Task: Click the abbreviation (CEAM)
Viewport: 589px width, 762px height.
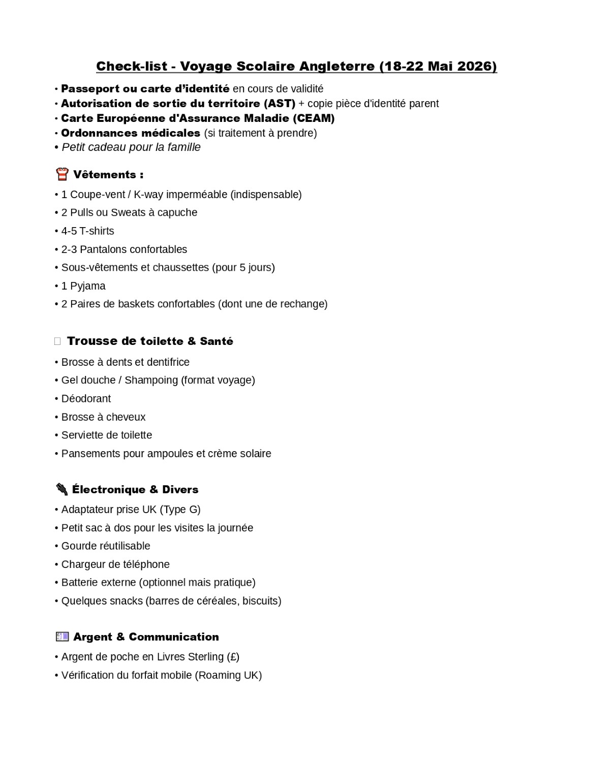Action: point(314,118)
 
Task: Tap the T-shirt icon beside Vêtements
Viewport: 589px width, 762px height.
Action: point(62,175)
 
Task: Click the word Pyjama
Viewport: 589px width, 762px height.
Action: point(88,286)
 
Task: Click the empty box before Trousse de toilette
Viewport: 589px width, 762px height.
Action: point(57,341)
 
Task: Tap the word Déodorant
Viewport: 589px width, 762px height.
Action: point(86,399)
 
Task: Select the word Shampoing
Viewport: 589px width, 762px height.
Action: point(151,380)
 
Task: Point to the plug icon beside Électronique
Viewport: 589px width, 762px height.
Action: point(61,489)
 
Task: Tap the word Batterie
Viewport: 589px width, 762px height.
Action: point(80,583)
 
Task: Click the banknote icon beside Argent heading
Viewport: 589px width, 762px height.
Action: point(62,637)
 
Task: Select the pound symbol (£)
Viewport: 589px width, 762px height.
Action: point(233,657)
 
